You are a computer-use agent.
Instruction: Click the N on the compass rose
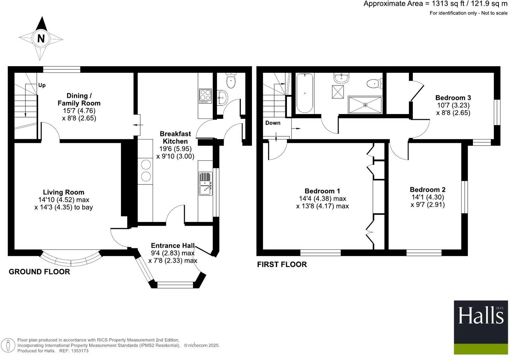click(41, 38)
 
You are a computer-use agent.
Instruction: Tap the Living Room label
click(64, 192)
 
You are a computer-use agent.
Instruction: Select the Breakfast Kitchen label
click(175, 137)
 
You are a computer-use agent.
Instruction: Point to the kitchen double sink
click(206, 184)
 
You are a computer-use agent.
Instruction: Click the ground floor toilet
click(231, 81)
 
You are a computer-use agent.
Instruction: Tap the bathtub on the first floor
click(305, 93)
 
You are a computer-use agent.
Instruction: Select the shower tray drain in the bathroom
click(365, 105)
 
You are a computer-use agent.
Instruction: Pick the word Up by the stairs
click(42, 85)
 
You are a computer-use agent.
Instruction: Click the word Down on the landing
click(273, 123)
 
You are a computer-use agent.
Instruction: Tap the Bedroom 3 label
click(453, 98)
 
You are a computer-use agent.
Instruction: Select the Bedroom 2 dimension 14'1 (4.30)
click(428, 197)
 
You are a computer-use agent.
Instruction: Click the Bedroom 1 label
click(322, 191)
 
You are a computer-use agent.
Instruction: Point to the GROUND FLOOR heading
click(39, 272)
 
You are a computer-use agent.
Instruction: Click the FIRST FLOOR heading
click(282, 265)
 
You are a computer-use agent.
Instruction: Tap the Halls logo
click(481, 327)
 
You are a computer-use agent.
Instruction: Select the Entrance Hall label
click(173, 246)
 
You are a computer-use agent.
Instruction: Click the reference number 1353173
click(79, 351)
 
